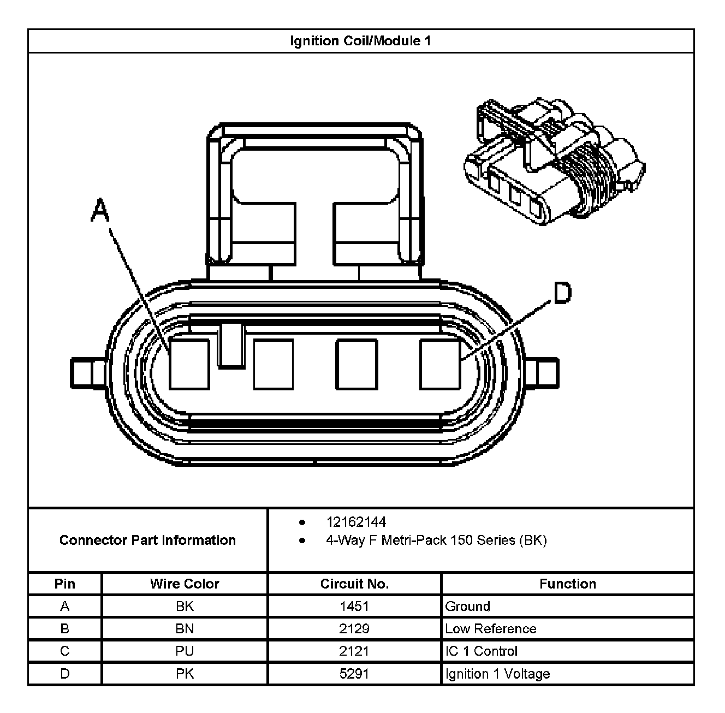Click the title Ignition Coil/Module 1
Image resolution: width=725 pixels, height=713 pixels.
click(x=360, y=41)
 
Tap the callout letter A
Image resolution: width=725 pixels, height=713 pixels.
click(x=100, y=211)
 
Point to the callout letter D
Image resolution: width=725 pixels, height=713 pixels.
click(x=562, y=293)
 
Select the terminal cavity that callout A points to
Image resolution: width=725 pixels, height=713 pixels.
click(x=189, y=364)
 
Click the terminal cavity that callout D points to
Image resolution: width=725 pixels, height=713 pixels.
click(x=440, y=364)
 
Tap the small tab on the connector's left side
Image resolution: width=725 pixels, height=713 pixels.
click(x=87, y=373)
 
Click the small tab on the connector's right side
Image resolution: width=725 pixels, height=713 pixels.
click(x=542, y=373)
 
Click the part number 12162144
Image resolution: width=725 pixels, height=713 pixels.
click(x=356, y=522)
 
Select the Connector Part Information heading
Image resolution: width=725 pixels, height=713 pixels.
click(x=147, y=540)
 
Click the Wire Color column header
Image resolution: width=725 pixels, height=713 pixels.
click(x=185, y=584)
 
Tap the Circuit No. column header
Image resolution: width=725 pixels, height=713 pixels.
click(x=354, y=584)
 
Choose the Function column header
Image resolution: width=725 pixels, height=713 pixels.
click(x=568, y=584)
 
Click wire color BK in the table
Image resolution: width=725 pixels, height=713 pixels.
click(x=185, y=607)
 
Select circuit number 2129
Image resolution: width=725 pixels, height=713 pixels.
click(x=354, y=629)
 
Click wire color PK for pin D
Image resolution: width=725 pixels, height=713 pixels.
click(x=185, y=674)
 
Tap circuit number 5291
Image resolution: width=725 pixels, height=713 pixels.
click(x=354, y=674)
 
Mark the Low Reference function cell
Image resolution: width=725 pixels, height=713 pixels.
click(x=491, y=629)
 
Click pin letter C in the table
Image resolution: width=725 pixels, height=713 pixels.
click(x=65, y=651)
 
